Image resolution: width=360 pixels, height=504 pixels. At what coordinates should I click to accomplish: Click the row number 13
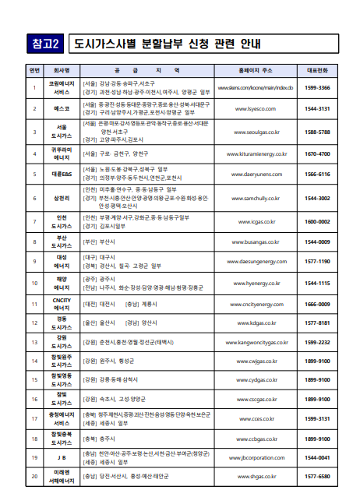(x=34, y=342)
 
